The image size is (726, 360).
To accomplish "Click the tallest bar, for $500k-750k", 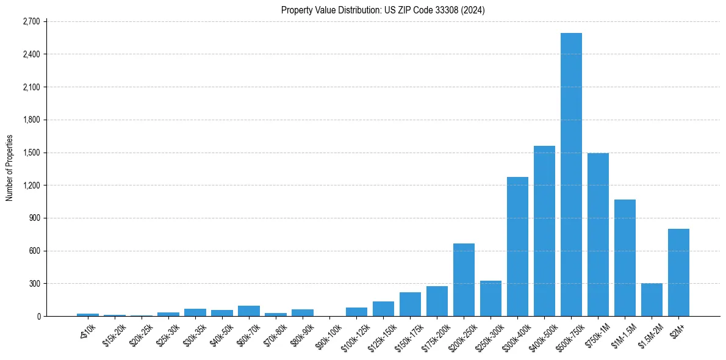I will click(571, 175).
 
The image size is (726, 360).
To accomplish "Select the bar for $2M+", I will click(678, 273).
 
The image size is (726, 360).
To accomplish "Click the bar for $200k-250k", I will click(464, 279).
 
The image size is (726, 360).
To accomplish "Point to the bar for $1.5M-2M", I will click(652, 300).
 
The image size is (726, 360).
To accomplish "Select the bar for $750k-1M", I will click(598, 234).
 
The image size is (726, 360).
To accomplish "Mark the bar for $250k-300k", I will click(491, 298).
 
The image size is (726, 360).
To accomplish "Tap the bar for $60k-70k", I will click(249, 311).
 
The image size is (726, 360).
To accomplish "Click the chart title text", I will click(383, 10).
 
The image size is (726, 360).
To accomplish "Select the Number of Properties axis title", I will click(10, 168).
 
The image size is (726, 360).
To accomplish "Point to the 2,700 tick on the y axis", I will click(31, 21).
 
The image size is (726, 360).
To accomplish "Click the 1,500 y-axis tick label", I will click(31, 153).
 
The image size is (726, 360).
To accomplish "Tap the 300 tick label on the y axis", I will click(34, 284).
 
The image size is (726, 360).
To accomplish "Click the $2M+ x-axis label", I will click(677, 330).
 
